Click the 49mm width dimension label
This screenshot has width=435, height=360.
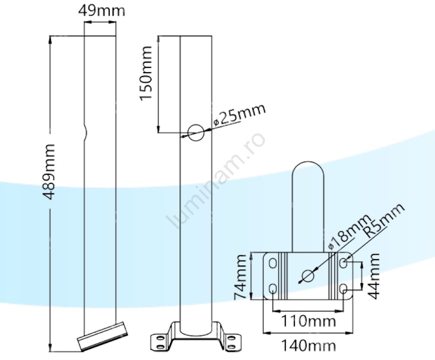[102, 10]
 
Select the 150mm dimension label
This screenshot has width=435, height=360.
[146, 73]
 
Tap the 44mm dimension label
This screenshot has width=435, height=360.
[375, 275]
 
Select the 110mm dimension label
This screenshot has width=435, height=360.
[308, 322]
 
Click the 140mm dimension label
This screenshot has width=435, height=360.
[308, 345]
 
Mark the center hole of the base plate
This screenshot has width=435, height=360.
[308, 275]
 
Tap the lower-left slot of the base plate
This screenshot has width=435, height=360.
[273, 289]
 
